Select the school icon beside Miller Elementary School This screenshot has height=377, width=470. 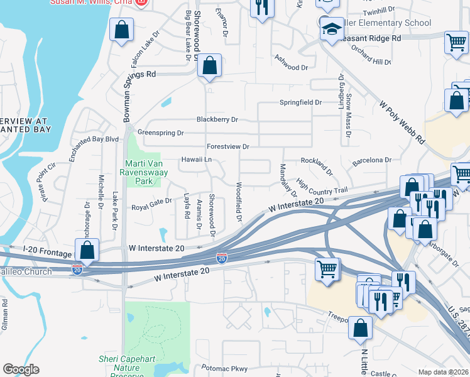click(331, 29)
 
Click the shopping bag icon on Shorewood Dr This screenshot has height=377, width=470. click(210, 66)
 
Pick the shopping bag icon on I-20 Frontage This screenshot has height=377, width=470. click(87, 250)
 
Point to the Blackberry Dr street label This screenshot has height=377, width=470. click(217, 119)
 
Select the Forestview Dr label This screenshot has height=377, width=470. click(228, 146)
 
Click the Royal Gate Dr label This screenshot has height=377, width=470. click(151, 205)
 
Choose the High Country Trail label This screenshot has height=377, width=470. click(322, 187)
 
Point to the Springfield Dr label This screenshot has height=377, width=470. click(300, 102)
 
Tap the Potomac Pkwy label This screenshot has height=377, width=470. click(225, 368)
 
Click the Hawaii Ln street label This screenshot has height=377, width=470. click(196, 160)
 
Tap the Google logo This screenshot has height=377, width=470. click(21, 369)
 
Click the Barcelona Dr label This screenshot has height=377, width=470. click(371, 160)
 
